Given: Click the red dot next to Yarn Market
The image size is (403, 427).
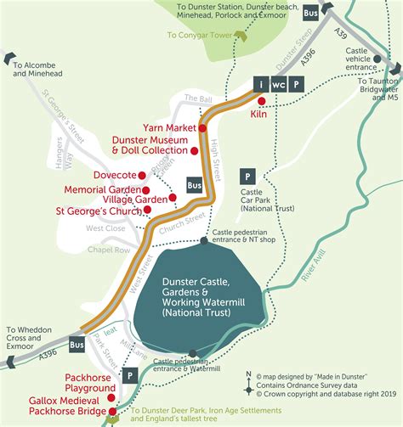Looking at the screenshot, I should click(203, 128).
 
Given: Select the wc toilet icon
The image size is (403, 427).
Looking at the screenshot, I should click(278, 84).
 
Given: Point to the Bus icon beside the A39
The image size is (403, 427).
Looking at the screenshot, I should click(310, 14).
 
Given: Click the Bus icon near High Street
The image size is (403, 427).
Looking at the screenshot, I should click(194, 184).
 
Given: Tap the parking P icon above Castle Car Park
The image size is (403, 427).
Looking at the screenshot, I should click(247, 176).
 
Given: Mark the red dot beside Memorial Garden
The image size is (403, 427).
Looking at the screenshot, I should click(146, 190).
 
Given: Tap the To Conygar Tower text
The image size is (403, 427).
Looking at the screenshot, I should click(200, 37).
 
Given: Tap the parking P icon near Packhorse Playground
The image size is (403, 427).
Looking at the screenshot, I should click(130, 374).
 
